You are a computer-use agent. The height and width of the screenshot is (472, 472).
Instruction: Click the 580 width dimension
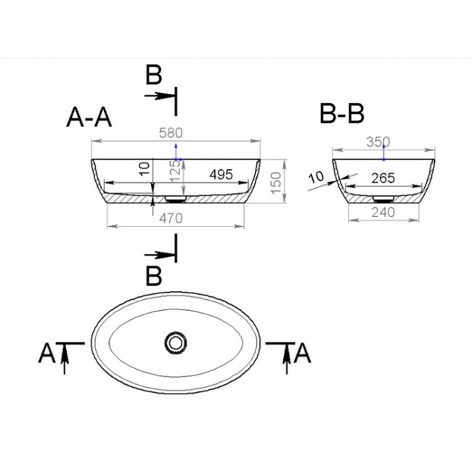click(x=171, y=133)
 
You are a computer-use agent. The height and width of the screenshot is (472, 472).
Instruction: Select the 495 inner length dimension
click(x=221, y=174)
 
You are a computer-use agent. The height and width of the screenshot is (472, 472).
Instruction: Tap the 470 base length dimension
click(x=171, y=219)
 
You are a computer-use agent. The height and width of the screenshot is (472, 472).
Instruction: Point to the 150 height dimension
click(x=276, y=183)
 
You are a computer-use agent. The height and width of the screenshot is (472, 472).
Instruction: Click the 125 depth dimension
click(x=175, y=171)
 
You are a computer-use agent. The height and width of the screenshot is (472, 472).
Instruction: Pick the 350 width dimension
click(x=378, y=142)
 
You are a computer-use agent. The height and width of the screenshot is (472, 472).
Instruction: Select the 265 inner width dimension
click(x=383, y=178)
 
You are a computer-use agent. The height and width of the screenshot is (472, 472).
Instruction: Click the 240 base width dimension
click(x=383, y=213)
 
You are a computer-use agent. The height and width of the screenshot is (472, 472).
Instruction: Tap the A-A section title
click(x=89, y=118)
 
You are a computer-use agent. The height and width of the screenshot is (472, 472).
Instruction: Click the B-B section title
click(x=342, y=113)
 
